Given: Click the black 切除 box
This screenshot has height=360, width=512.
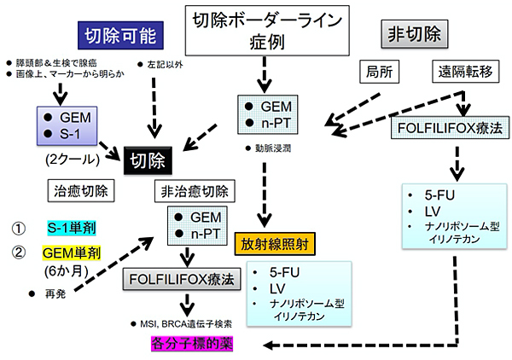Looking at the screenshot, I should (150, 159).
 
